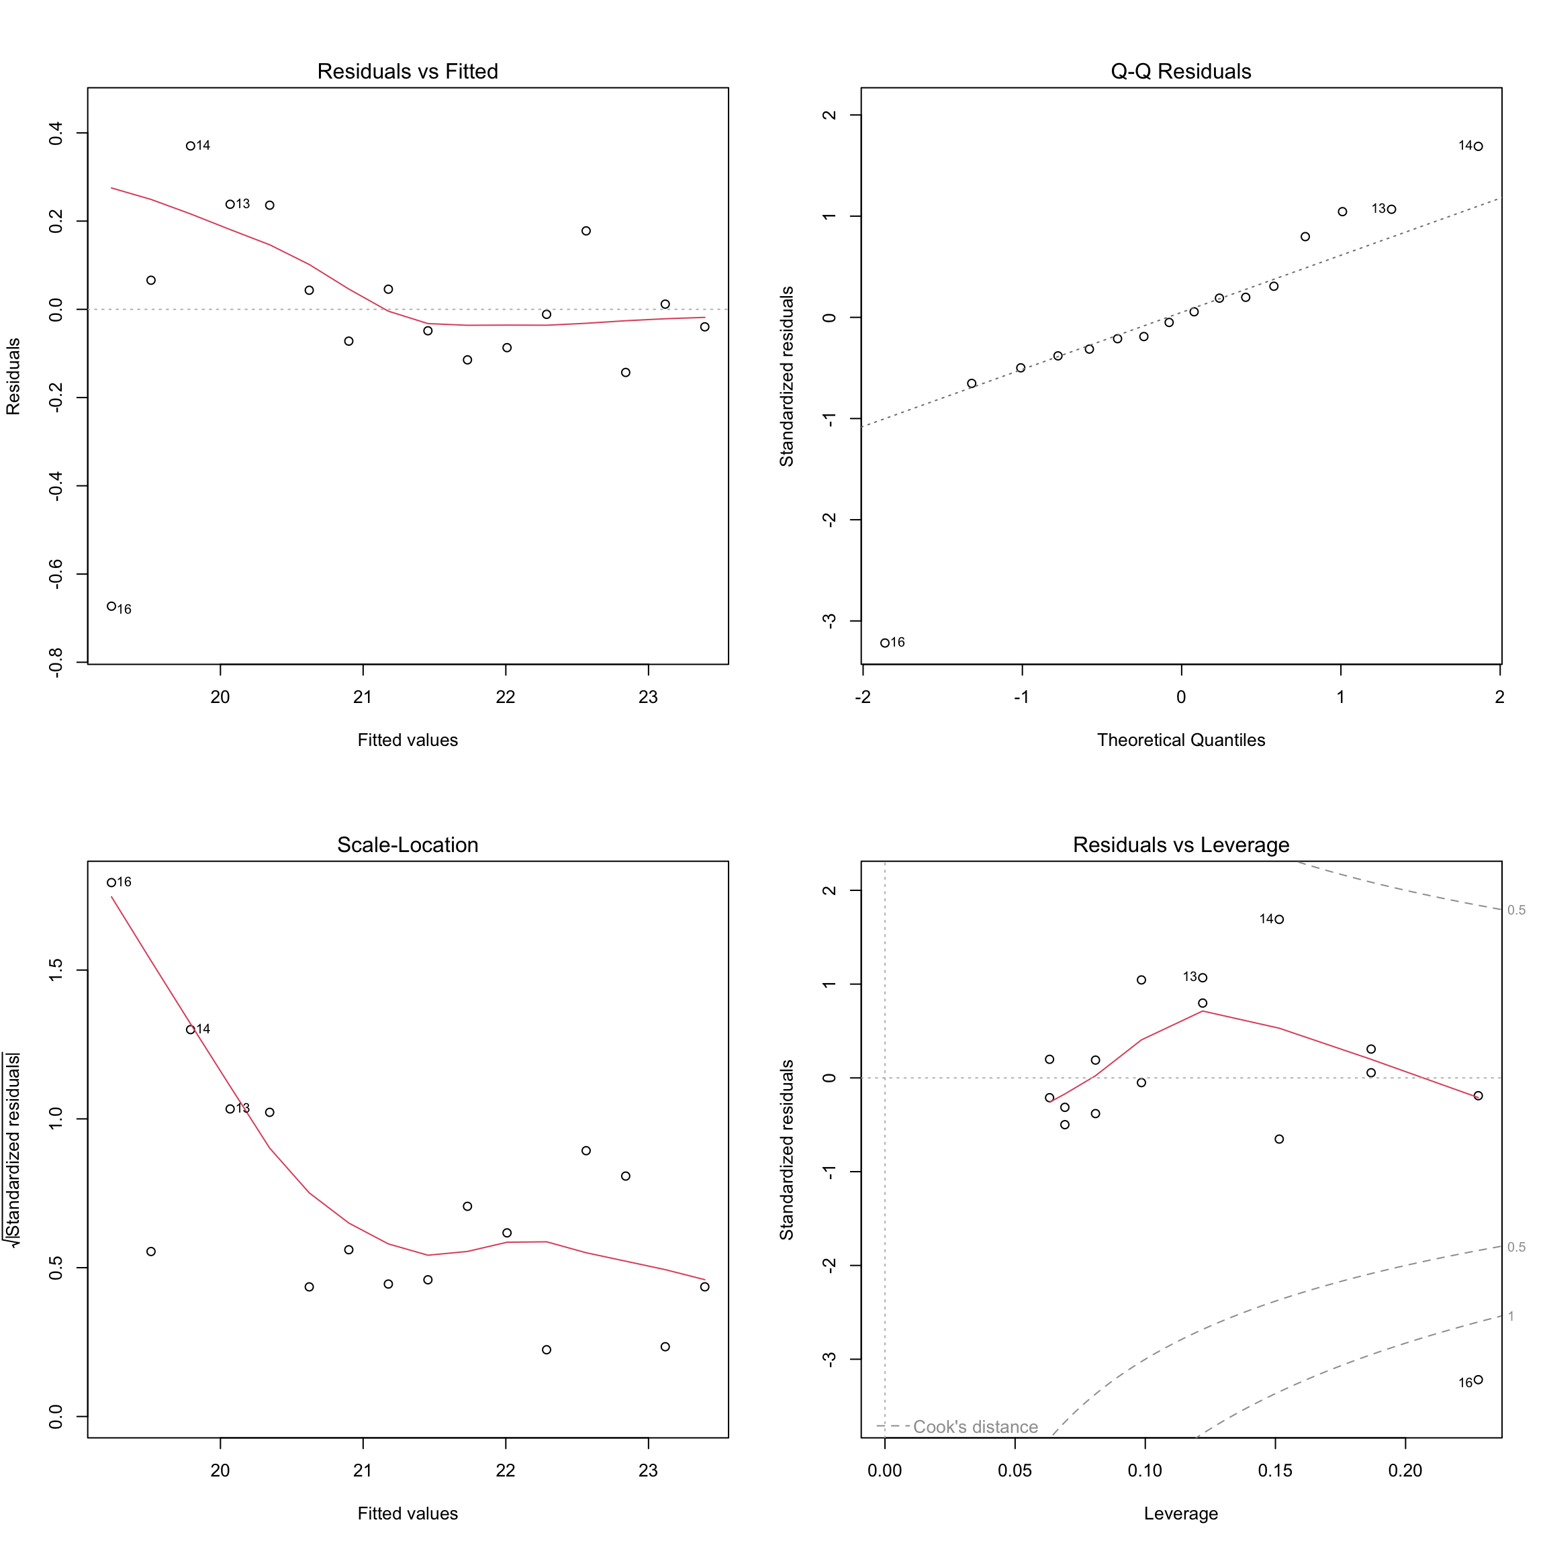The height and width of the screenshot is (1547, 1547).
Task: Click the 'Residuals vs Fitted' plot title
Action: [408, 71]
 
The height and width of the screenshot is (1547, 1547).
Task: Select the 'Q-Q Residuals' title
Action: [1180, 71]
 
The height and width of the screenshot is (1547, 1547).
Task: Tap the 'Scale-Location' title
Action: [408, 845]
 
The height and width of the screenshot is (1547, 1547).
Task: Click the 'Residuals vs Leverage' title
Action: [1180, 845]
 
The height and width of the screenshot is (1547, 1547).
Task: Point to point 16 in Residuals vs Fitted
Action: [111, 606]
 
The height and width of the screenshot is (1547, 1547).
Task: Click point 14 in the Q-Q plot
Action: [1478, 146]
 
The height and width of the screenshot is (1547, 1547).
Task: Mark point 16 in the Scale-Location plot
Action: [111, 882]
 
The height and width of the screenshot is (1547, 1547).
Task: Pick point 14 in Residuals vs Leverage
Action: [1280, 919]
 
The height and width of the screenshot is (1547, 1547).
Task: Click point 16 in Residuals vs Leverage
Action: [1478, 1380]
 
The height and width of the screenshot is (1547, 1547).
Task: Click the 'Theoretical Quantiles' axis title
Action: [1180, 740]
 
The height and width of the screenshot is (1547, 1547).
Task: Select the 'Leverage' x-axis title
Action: [1180, 1513]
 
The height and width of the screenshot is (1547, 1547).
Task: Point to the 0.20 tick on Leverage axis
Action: [1405, 1470]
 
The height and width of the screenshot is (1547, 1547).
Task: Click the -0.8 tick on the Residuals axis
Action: [56, 663]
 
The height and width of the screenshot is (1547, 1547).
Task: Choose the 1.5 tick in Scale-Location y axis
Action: [56, 970]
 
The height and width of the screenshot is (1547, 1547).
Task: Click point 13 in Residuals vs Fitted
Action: [230, 204]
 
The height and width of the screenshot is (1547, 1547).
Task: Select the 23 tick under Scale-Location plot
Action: [648, 1470]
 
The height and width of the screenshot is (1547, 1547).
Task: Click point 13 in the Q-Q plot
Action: [1392, 209]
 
